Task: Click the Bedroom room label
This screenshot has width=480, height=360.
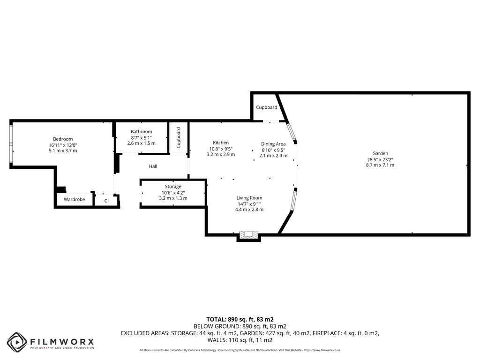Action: point(63,139)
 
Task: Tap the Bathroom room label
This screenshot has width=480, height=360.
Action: point(141,131)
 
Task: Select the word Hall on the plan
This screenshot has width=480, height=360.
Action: point(153,166)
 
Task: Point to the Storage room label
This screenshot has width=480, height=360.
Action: point(173,187)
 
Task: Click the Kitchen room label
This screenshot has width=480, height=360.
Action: point(221,142)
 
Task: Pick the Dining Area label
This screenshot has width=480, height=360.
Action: point(273,144)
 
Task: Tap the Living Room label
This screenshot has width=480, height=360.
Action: point(249,198)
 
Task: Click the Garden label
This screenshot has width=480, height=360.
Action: point(380,153)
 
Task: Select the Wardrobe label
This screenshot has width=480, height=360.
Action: point(75,200)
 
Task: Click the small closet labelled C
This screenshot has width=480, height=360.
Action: point(106,201)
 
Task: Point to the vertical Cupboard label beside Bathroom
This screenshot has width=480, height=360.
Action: point(179,137)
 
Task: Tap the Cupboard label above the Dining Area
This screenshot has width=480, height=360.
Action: point(266,107)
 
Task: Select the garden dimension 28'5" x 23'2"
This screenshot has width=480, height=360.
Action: point(380,159)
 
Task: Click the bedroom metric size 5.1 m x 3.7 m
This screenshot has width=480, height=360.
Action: point(63,150)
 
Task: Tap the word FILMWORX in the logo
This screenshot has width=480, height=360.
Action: point(62,341)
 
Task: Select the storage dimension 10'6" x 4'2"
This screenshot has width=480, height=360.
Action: point(173,193)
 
